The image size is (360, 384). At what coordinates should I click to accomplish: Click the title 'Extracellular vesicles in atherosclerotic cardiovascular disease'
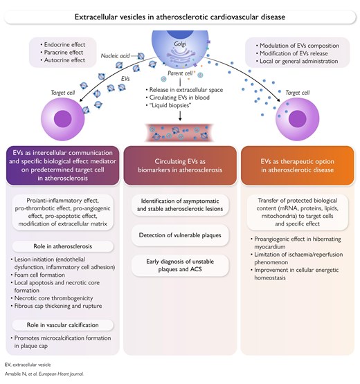point(180,17)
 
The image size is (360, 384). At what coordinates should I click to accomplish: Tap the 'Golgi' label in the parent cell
point(180,44)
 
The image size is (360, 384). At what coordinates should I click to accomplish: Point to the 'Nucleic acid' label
point(115,56)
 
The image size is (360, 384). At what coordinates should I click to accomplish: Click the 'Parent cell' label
point(180,73)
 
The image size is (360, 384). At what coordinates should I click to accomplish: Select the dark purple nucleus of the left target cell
point(62,119)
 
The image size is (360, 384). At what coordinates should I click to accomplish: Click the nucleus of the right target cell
point(298,119)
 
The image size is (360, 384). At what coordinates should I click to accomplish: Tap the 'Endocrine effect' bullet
point(63,44)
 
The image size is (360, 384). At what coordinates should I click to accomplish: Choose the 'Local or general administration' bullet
point(297,61)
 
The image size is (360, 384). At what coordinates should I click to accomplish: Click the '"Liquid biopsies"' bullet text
point(169,105)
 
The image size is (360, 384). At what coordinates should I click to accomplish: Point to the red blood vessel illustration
point(180,132)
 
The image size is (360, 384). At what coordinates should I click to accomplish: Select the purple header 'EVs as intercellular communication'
point(63,165)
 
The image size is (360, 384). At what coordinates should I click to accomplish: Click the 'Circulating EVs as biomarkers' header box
point(180,165)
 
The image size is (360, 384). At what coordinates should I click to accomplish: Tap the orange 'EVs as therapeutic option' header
point(297,165)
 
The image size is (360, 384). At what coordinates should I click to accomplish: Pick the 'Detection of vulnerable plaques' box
point(180,235)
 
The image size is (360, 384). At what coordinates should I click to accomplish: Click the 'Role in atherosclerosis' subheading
point(63,246)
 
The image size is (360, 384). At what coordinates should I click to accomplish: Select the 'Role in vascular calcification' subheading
point(63,325)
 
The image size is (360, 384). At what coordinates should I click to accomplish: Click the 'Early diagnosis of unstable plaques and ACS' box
point(180,266)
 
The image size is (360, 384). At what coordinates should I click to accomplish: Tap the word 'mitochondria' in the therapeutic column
point(277,216)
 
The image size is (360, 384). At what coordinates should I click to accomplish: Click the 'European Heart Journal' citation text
point(61,374)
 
